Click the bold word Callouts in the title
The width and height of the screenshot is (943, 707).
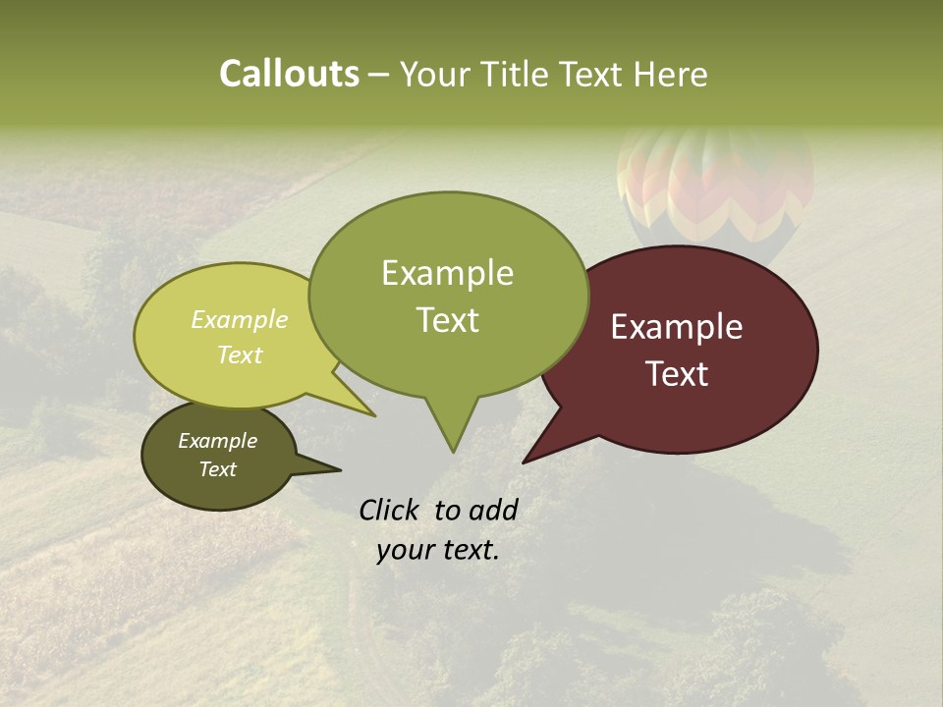tap(289, 74)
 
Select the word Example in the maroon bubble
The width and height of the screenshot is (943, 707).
tap(677, 327)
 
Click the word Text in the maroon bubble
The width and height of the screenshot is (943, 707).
tap(677, 374)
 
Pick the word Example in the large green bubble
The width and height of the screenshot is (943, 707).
tap(447, 273)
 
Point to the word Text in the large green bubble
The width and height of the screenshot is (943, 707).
tap(447, 320)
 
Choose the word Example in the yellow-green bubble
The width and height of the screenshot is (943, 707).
tap(240, 319)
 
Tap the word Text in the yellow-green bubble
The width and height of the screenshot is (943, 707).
tap(240, 354)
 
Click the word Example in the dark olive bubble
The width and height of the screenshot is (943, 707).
tap(217, 441)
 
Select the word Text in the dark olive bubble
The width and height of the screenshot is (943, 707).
tap(217, 469)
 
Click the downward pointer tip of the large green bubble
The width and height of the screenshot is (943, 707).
tap(452, 451)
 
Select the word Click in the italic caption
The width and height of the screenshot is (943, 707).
tap(390, 510)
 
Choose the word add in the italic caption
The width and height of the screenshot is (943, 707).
tap(492, 510)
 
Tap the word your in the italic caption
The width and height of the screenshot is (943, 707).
tap(405, 550)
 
